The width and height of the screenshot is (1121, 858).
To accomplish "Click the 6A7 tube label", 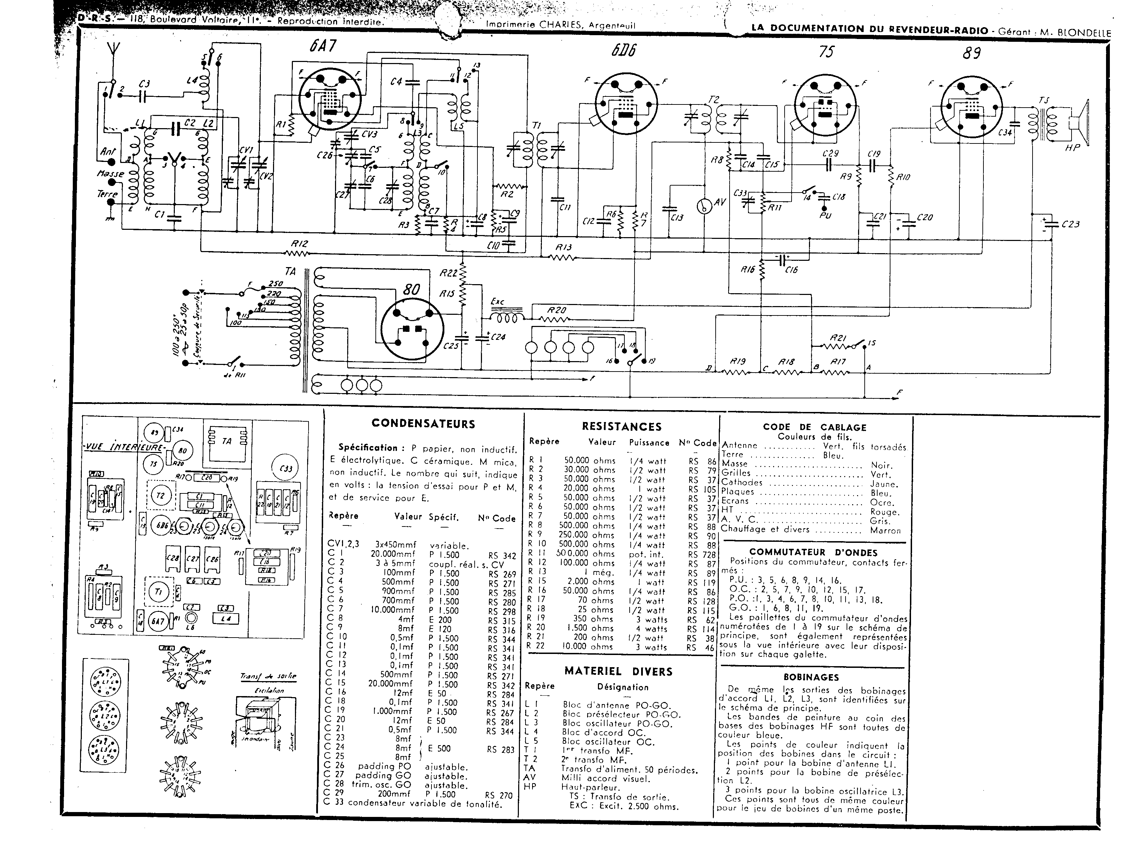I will pyautogui.click(x=323, y=46).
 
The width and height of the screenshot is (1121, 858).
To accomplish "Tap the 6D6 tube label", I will pyautogui.click(x=624, y=50).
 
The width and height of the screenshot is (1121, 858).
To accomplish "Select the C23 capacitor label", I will pyautogui.click(x=1071, y=224).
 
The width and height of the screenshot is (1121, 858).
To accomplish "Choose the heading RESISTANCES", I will pyautogui.click(x=622, y=427).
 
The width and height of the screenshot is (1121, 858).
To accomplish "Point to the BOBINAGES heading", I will pyautogui.click(x=811, y=677).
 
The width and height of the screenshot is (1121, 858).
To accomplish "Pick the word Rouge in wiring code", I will pyautogui.click(x=885, y=512).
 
